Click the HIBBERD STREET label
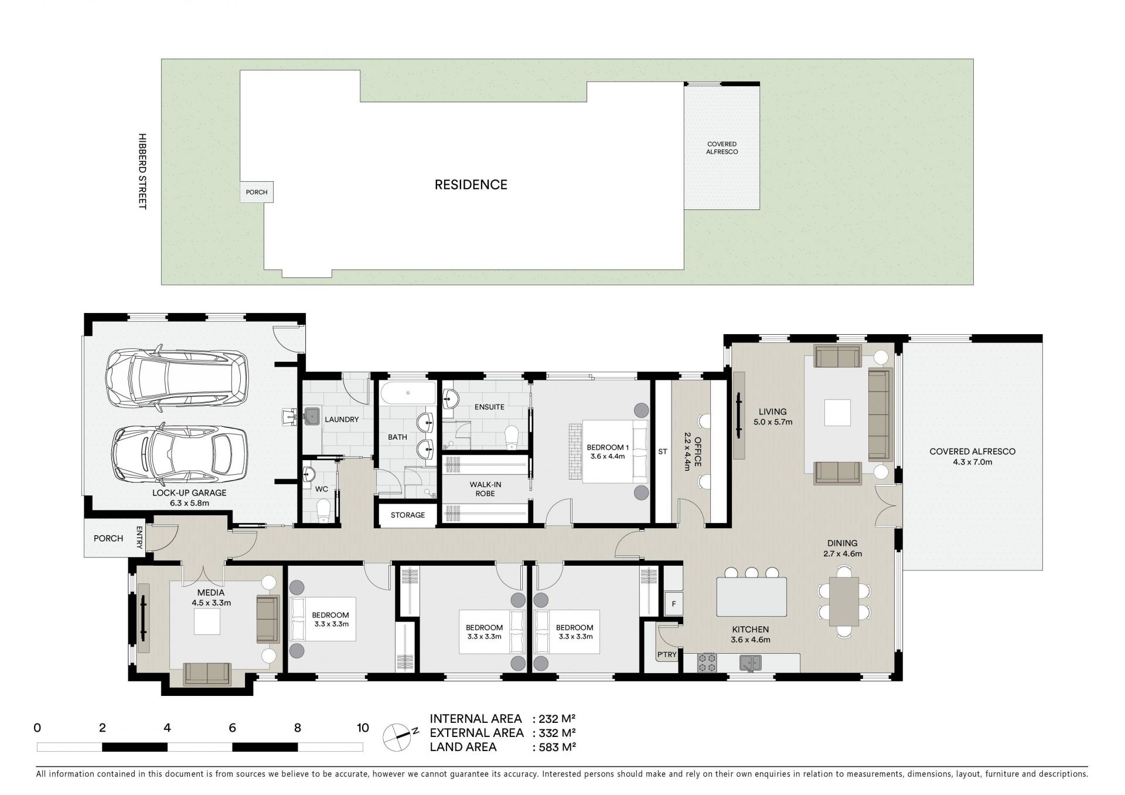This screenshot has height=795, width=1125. point(142,171)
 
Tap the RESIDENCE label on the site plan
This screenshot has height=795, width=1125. point(471,185)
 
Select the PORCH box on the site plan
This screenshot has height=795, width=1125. point(257,192)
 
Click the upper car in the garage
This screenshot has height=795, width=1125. point(176,379)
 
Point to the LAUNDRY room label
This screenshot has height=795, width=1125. point(342,420)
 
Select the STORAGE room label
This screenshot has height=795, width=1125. point(408,515)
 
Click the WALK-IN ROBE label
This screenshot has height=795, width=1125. point(485,489)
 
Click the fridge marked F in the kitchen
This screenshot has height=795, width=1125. point(674,603)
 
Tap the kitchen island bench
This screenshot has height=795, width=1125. point(752,597)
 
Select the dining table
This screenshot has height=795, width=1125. point(844,601)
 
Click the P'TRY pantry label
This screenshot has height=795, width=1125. point(667,655)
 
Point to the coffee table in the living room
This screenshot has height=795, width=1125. point(837,413)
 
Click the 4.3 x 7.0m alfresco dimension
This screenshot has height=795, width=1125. point(972,462)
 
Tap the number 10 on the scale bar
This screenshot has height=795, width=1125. point(363,728)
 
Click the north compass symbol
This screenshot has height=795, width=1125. point(397,737)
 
